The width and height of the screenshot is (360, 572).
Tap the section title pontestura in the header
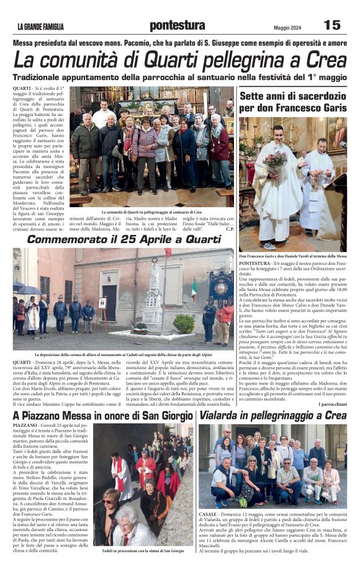tap(177, 25)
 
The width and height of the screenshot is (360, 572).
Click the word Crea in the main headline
tap(323, 60)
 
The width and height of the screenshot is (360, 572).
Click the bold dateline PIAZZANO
tap(25, 426)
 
